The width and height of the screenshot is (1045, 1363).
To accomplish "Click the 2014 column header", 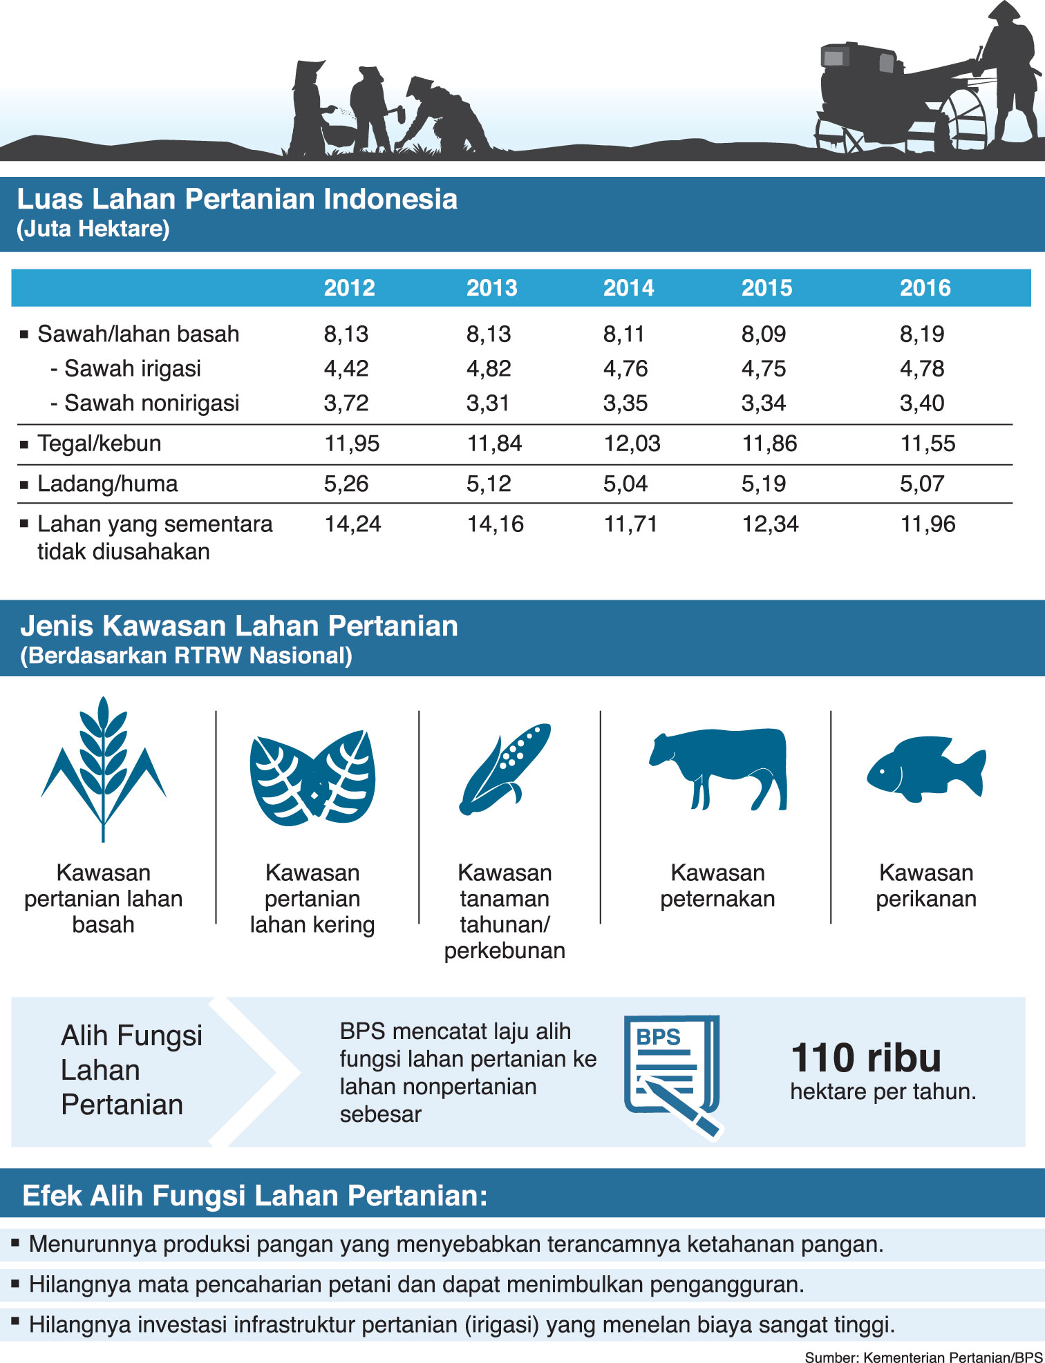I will pos(628,287).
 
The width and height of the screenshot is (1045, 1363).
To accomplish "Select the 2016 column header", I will pos(925,287).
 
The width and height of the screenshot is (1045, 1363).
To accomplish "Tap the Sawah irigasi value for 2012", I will pos(346,368).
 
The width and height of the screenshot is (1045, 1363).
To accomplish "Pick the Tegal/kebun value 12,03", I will pos(632,444).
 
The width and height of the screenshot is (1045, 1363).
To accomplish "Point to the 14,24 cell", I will pos(352,524).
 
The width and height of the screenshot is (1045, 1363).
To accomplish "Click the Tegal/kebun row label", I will pos(99,444).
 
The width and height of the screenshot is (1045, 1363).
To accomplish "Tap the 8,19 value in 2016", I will pos(921,334).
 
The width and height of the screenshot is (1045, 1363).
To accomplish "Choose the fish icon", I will pos(925,769).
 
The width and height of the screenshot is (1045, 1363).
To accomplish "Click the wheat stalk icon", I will pos(103,767).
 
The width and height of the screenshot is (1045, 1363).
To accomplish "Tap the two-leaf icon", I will pos(312,777).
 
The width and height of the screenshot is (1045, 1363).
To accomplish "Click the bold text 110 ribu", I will pos(865,1058).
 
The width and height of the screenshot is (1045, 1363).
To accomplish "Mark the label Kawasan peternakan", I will pos(717,886).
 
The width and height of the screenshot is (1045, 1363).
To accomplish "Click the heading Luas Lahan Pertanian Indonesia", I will pos(237,199).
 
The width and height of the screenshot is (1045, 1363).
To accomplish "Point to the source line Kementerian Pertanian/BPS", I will pos(923,1356).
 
